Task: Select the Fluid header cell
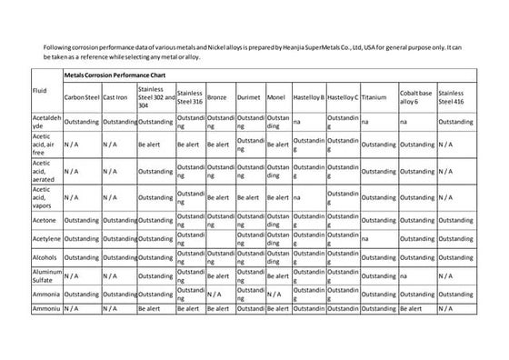pos(39,91)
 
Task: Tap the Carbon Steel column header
pos(81,96)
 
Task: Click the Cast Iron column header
pos(115,96)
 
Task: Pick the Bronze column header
pos(217,96)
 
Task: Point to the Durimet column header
pos(248,96)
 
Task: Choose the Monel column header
pos(276,96)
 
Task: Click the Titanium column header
pos(374,96)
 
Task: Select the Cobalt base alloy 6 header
pos(415,96)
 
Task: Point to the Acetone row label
pos(45,221)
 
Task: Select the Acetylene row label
pos(46,239)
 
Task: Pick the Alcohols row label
pos(45,257)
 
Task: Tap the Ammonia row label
pos(45,294)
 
